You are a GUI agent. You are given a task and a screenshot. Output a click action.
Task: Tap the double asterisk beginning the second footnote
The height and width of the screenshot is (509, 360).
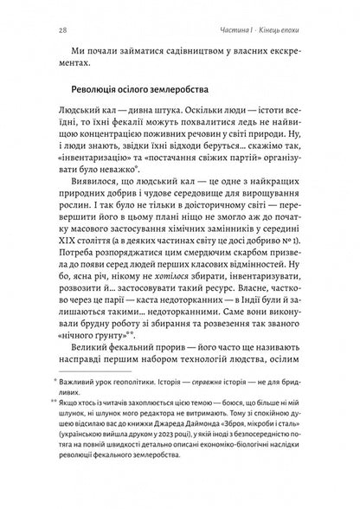click(x=54, y=439)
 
